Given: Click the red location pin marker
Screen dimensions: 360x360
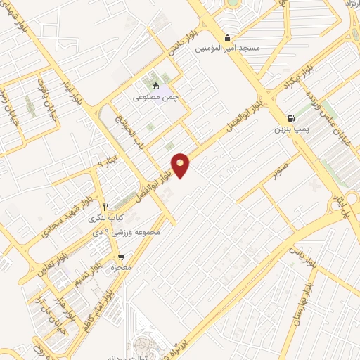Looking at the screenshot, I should tap(181, 165).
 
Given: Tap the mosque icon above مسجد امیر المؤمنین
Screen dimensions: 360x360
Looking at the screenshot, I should tap(227, 38).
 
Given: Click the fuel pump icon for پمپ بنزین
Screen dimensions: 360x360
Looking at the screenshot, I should tap(291, 118).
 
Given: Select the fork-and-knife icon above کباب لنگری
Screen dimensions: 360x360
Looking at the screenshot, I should tap(105, 207).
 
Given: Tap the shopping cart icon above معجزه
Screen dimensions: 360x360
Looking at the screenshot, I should tap(122, 257).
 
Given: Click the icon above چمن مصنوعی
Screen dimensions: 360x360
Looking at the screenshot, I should tap(156, 87).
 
